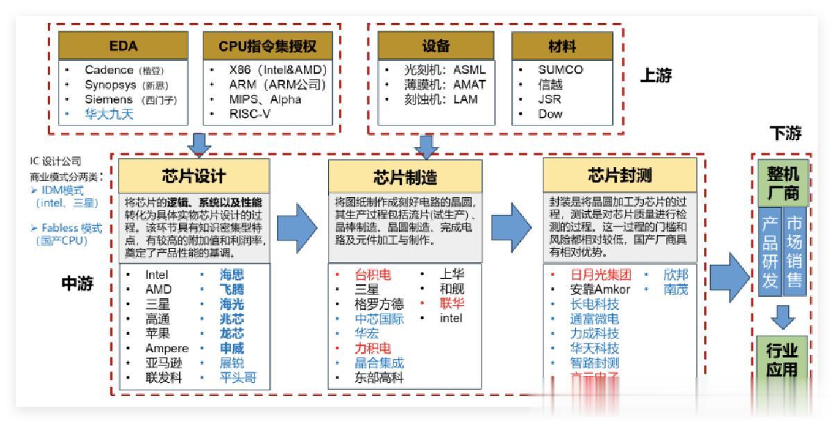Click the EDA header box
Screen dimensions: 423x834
[x=124, y=46]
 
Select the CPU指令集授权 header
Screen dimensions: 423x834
[x=267, y=46]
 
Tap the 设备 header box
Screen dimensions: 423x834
[x=436, y=46]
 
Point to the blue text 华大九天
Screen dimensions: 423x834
[x=109, y=114]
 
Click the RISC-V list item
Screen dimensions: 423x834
[x=250, y=114]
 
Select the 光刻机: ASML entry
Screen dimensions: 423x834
[x=435, y=70]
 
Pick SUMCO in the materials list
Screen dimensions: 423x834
[x=560, y=70]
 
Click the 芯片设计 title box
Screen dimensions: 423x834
[x=194, y=175]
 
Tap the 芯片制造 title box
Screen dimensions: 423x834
[x=406, y=175]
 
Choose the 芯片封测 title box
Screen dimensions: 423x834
[x=619, y=174]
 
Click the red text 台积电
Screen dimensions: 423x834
[x=373, y=275]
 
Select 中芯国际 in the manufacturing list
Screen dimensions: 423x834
[x=379, y=319]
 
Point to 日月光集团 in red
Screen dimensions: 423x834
[x=601, y=275]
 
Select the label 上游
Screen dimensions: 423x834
[x=655, y=76]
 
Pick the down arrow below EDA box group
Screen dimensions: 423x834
[x=201, y=144]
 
